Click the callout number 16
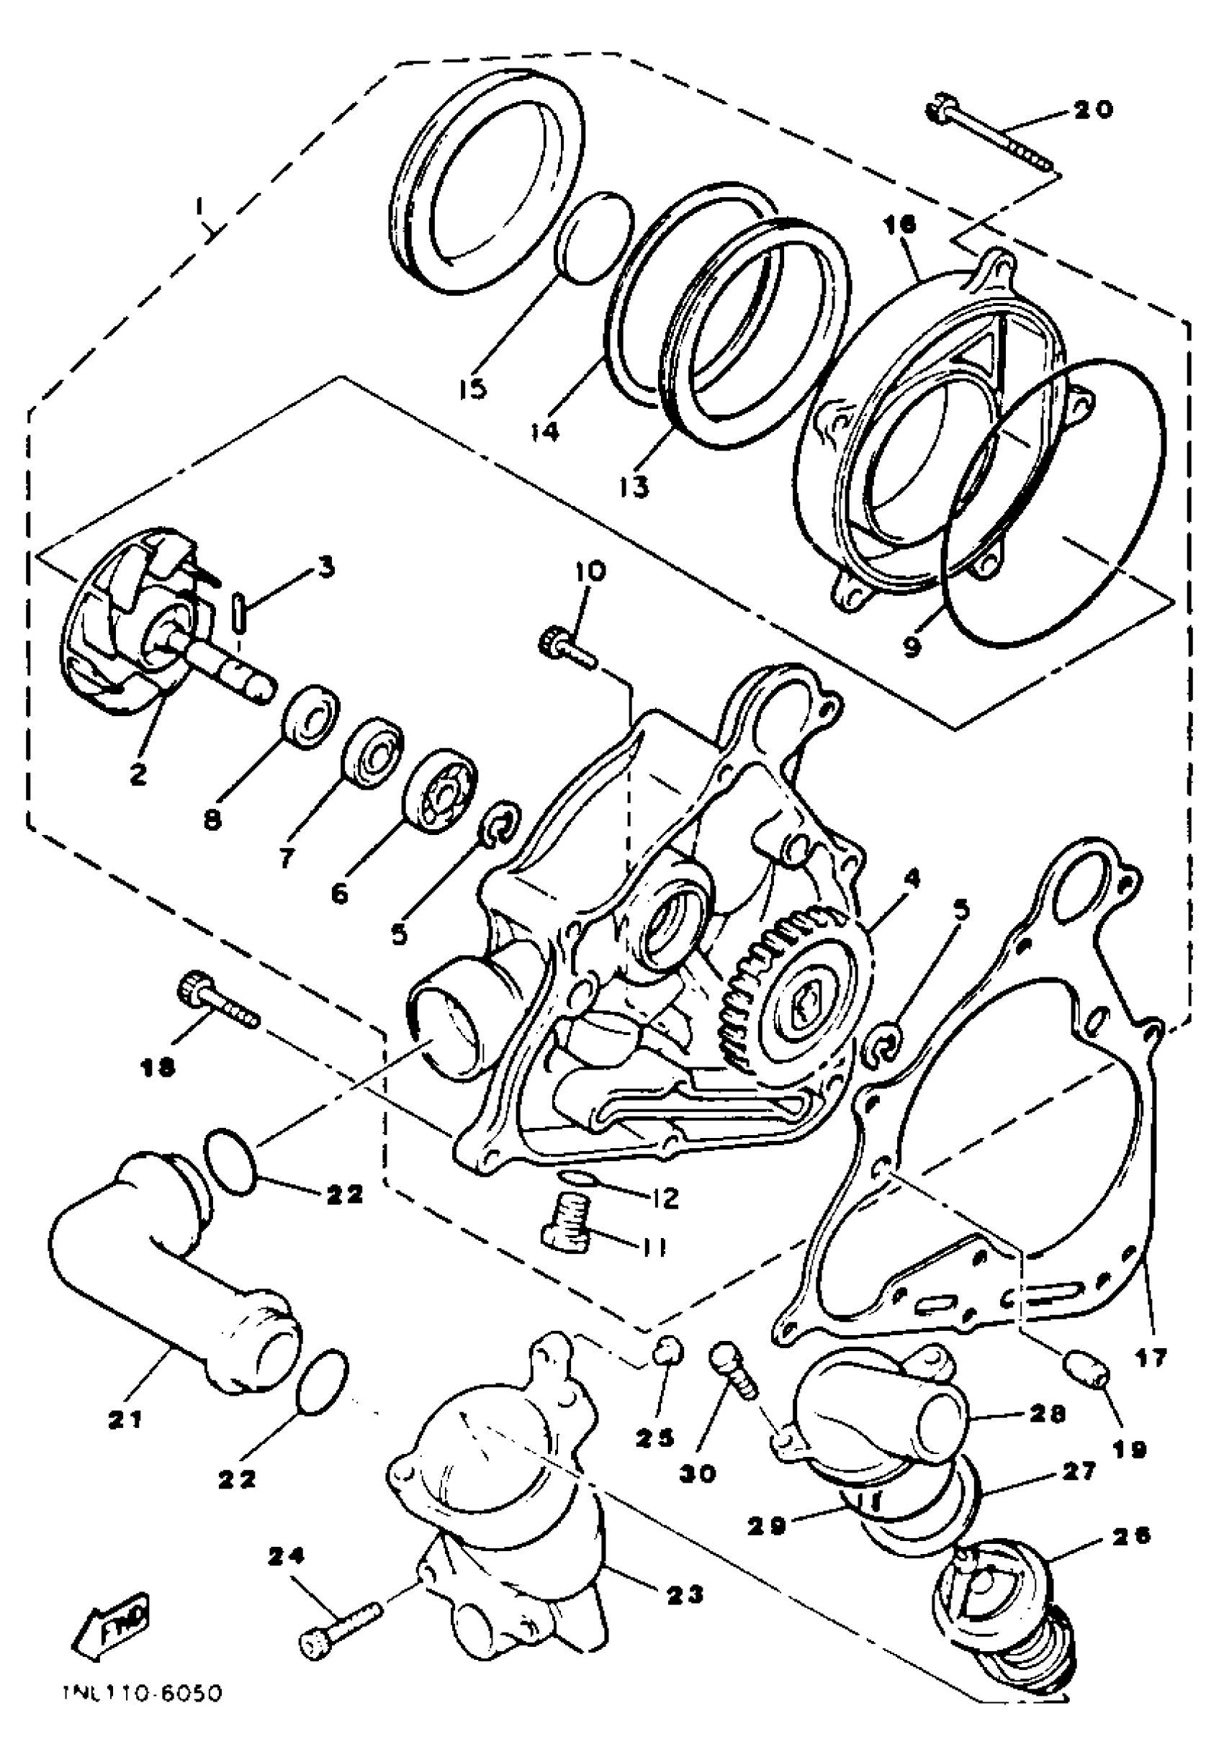pyautogui.click(x=899, y=225)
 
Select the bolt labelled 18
pyautogui.click(x=217, y=1003)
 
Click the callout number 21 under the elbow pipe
pyautogui.click(x=125, y=1419)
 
